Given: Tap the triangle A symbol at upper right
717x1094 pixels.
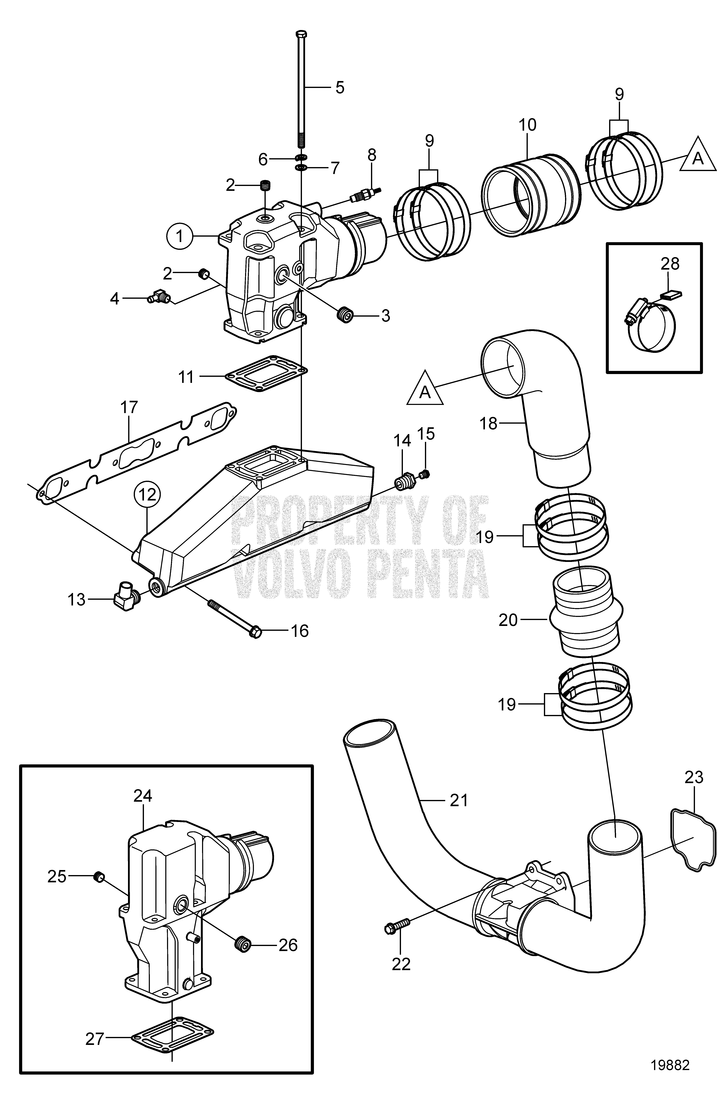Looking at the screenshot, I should [698, 159].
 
